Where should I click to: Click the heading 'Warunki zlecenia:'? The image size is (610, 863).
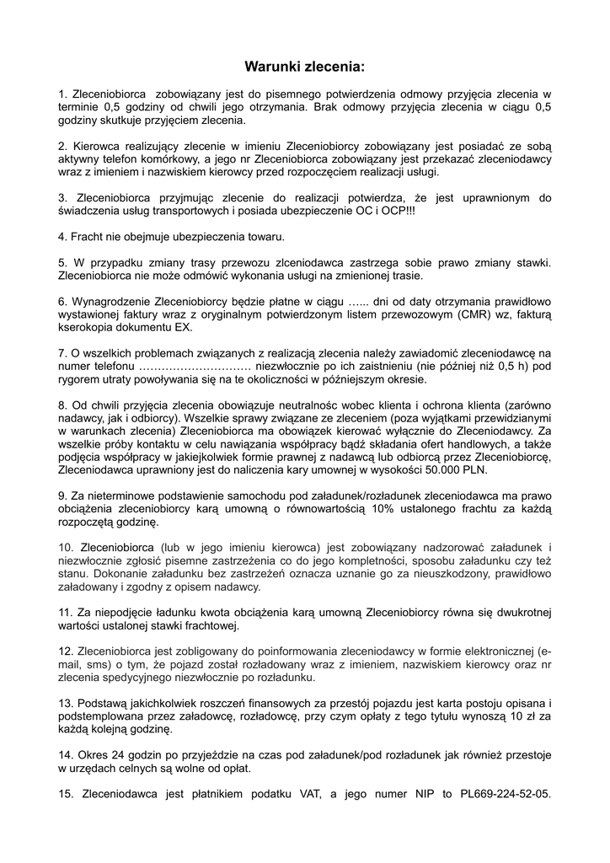(x=304, y=65)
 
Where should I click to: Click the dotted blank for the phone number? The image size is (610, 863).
(x=195, y=367)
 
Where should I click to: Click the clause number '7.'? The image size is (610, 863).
(x=63, y=352)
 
